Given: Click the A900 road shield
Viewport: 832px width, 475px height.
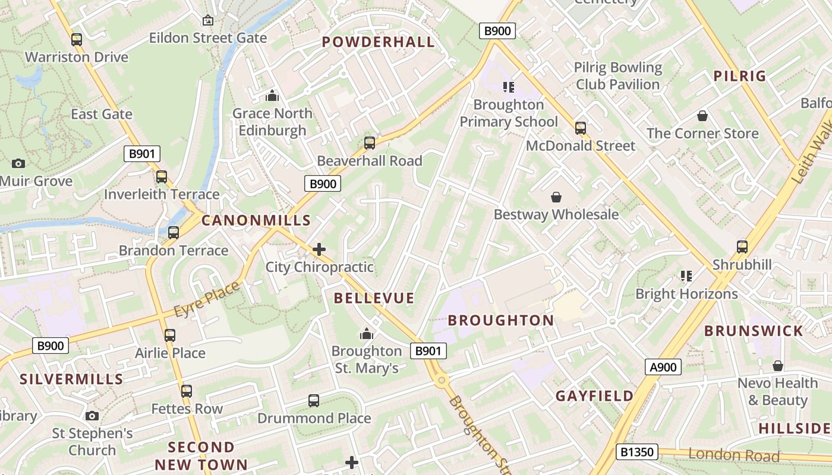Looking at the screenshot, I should tap(663, 367).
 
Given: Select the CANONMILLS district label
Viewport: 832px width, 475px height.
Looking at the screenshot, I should tap(256, 220).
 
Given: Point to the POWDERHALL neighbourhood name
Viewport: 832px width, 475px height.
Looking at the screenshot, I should tap(379, 42).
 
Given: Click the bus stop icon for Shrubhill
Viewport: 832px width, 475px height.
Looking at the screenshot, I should tap(742, 247).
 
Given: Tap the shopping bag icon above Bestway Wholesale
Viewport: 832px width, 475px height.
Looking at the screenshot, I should tap(556, 197).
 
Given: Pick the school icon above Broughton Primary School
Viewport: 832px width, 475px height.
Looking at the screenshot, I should tap(508, 87).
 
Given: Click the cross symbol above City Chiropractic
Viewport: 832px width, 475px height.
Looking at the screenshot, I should tap(319, 249).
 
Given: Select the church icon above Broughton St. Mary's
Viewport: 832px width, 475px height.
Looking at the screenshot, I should tap(367, 334).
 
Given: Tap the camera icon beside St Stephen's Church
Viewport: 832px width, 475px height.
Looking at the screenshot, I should tap(92, 416).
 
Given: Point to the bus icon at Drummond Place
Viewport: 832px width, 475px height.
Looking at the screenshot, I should tap(314, 401).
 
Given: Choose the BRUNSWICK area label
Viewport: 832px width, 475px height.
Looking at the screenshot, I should tap(754, 331).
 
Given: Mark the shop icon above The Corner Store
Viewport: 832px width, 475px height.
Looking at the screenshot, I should tap(702, 116).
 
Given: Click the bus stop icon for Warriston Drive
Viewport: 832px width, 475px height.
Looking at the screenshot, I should tap(76, 40).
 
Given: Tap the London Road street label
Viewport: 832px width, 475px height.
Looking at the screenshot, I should tap(733, 455).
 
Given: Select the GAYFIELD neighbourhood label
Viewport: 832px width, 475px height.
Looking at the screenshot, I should tap(594, 396).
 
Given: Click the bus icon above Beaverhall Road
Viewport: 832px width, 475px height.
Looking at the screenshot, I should tap(370, 143).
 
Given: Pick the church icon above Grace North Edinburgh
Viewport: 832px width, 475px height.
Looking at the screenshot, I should tap(272, 96).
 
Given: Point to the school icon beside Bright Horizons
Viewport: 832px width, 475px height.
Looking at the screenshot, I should tap(686, 276).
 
